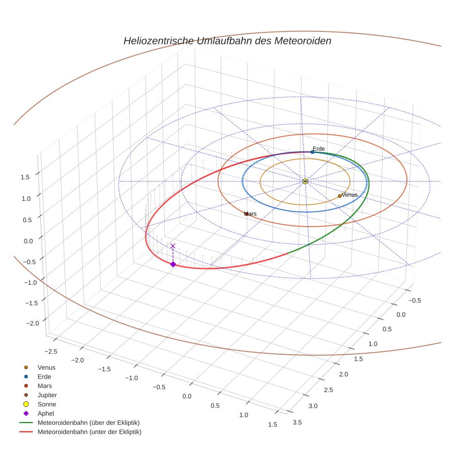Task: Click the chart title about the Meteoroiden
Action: pyautogui.click(x=227, y=41)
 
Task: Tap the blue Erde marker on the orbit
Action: pyautogui.click(x=312, y=152)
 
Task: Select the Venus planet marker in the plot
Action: pyautogui.click(x=339, y=196)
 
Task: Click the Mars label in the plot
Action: pyautogui.click(x=250, y=214)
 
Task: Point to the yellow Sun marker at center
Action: pyautogui.click(x=305, y=181)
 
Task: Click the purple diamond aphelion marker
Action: pyautogui.click(x=173, y=264)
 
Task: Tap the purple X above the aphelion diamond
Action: pyautogui.click(x=173, y=246)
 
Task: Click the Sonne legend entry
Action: pyautogui.click(x=47, y=404)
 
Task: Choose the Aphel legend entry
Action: pyautogui.click(x=45, y=413)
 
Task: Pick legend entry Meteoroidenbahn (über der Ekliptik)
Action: pyautogui.click(x=88, y=423)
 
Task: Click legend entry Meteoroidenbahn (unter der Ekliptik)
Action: pyautogui.click(x=89, y=432)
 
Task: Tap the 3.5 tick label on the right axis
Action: pyautogui.click(x=297, y=422)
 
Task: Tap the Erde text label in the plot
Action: pyautogui.click(x=319, y=148)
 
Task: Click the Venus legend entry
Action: pyautogui.click(x=46, y=367)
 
